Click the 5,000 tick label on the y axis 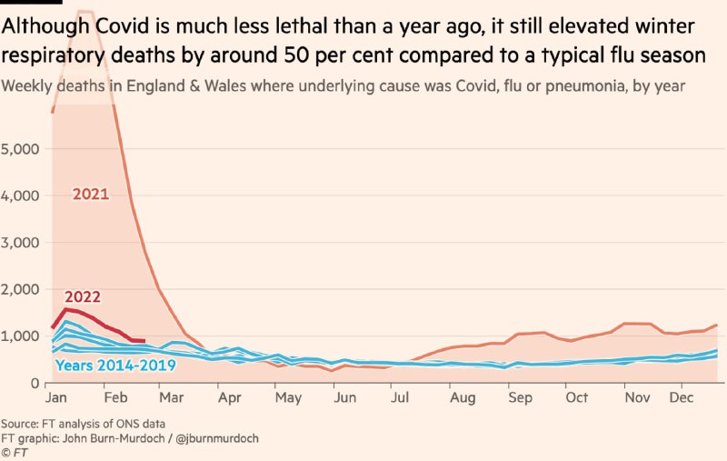click(19, 148)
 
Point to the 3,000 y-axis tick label click(19, 242)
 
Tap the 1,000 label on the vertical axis click(19, 336)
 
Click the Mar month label click(170, 398)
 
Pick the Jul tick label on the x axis click(400, 398)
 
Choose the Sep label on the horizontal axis click(520, 398)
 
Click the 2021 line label click(92, 194)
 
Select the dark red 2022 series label click(83, 296)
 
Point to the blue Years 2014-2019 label click(115, 366)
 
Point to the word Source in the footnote click(20, 425)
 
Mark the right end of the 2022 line click(144, 341)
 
